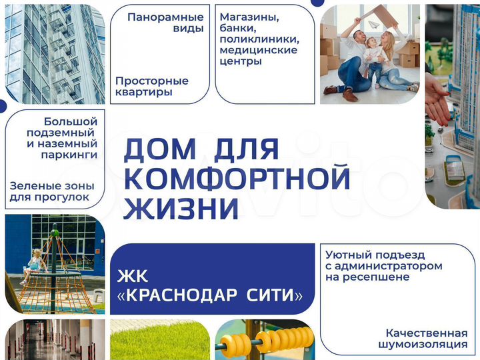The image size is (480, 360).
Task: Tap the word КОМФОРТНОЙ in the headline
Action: click(237, 179)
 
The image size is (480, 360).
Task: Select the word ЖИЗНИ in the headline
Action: click(181, 209)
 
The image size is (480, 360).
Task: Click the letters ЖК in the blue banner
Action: click(132, 276)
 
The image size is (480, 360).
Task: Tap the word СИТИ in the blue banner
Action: click(273, 295)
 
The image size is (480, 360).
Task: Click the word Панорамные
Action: click(165, 17)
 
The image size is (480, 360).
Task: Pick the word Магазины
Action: click(249, 17)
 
